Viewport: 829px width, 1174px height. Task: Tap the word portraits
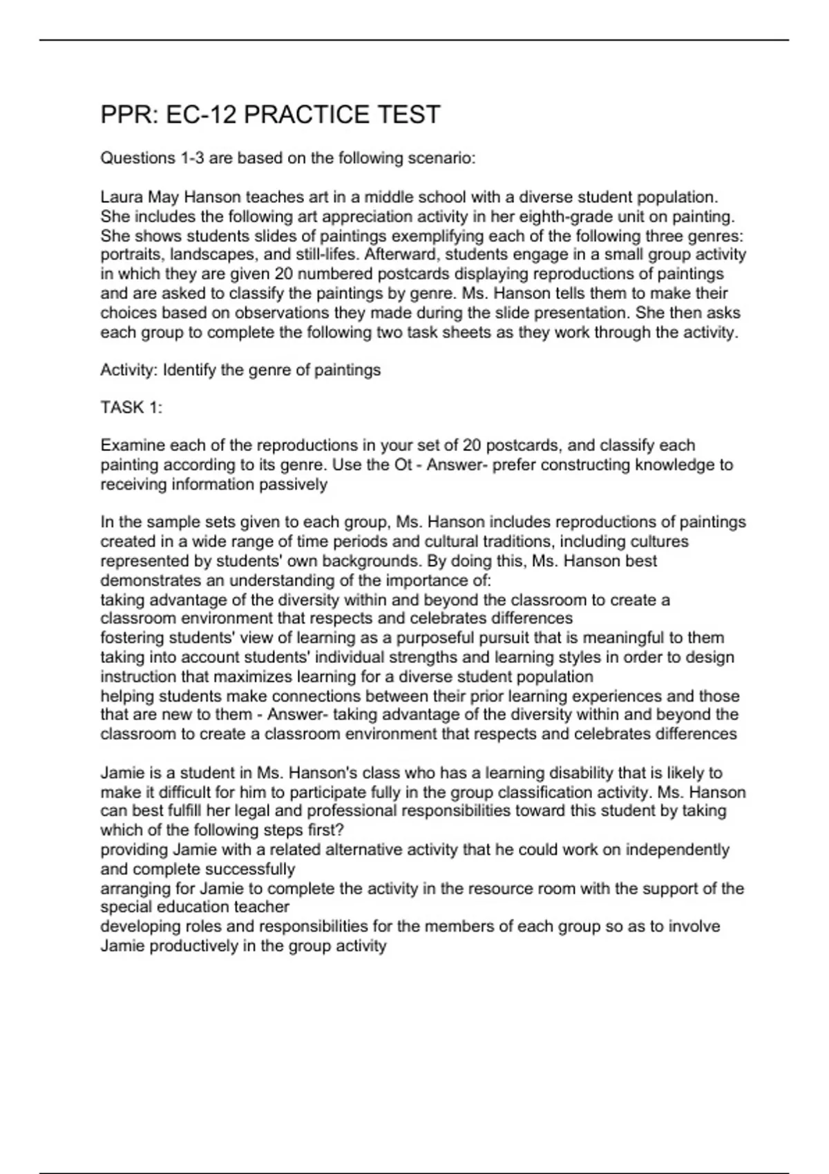pyautogui.click(x=129, y=255)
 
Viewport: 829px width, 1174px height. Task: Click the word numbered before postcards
pyautogui.click(x=334, y=274)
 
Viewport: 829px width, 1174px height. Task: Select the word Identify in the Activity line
pyautogui.click(x=189, y=370)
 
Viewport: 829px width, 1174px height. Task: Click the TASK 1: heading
pyautogui.click(x=131, y=407)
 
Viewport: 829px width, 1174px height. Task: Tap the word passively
pyautogui.click(x=293, y=484)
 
